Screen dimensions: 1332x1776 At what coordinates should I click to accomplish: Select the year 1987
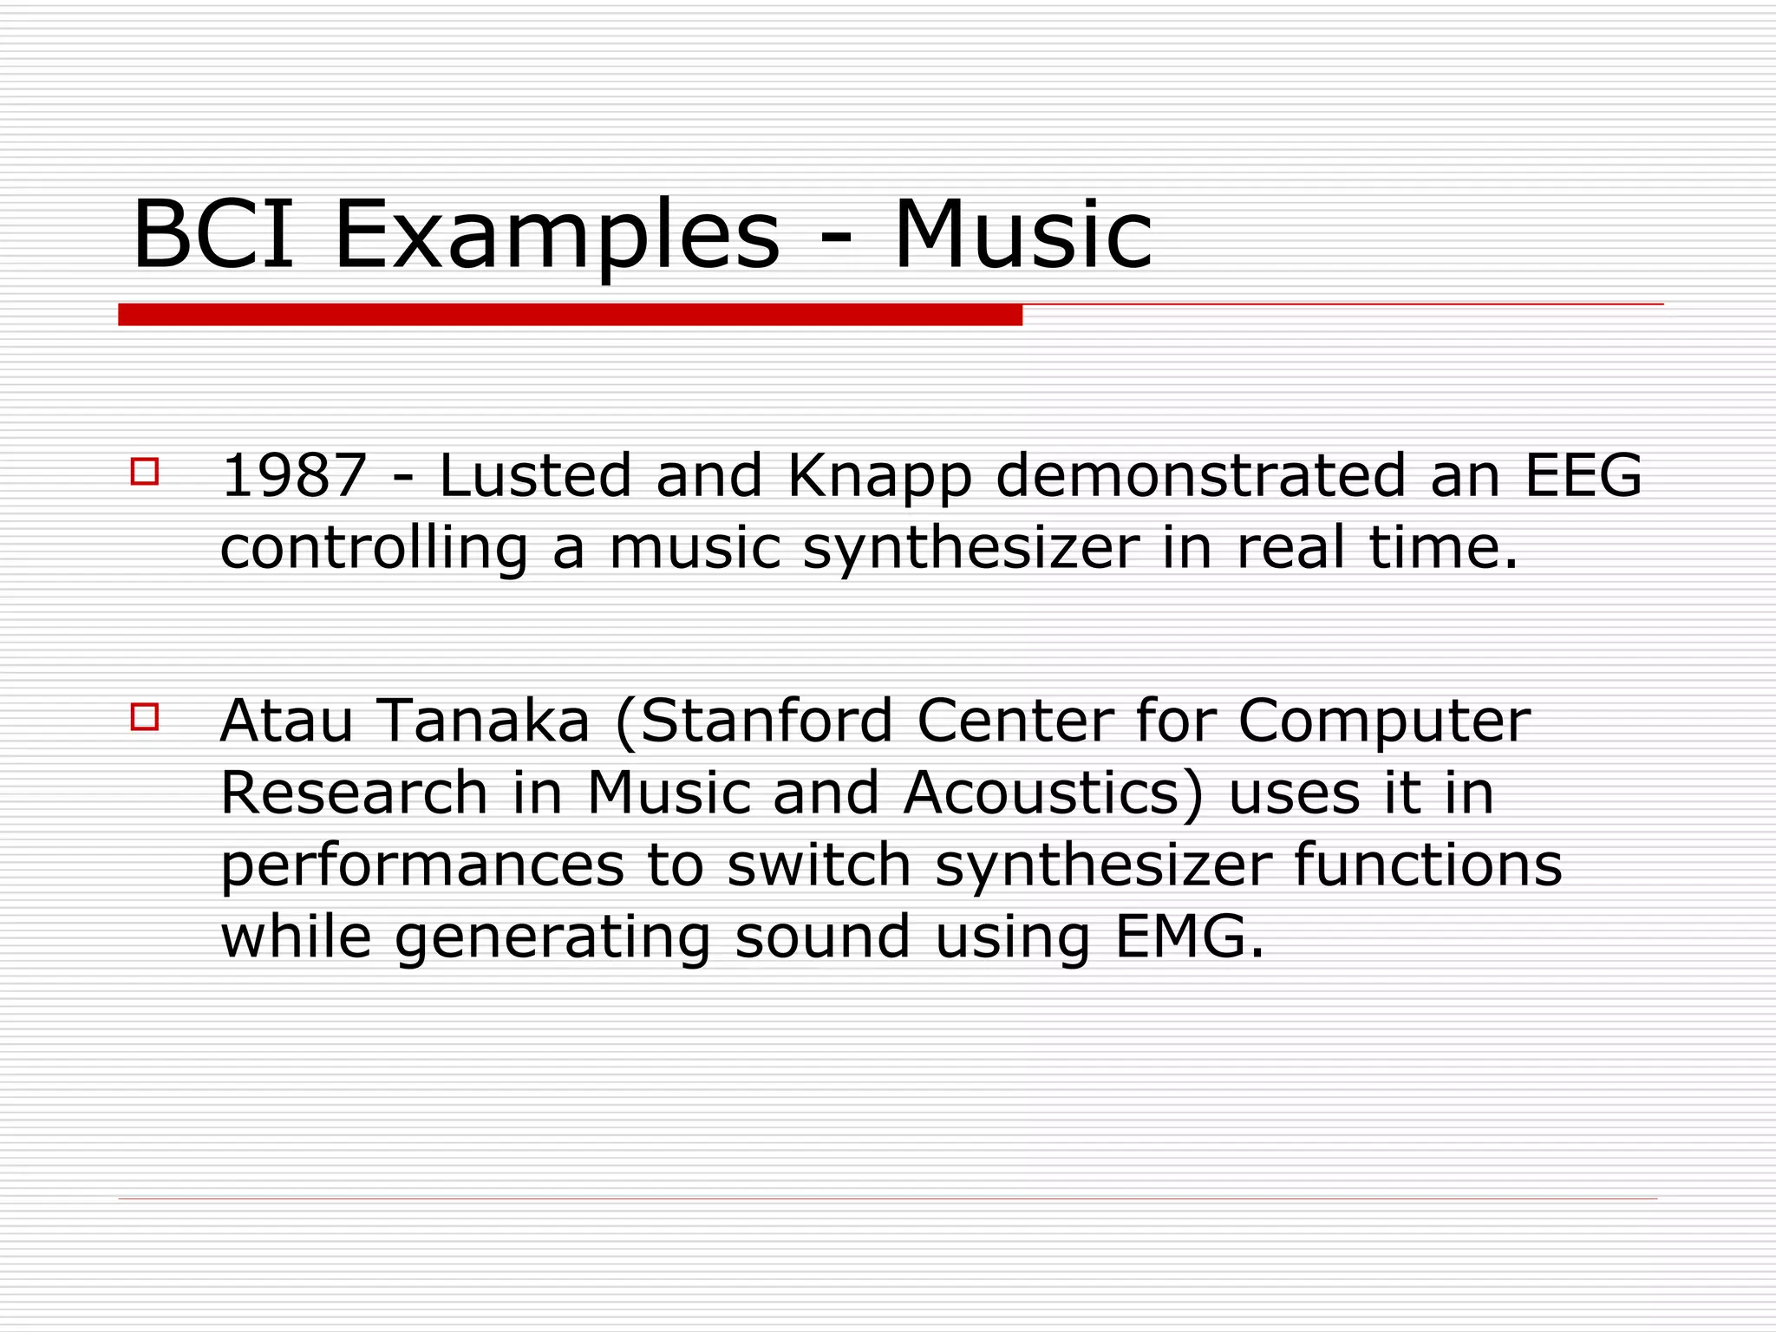[294, 476]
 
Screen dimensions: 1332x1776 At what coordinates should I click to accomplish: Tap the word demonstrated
[1200, 476]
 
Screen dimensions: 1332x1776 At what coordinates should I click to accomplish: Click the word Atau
[287, 721]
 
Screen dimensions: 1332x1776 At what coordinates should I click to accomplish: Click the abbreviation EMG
[1188, 937]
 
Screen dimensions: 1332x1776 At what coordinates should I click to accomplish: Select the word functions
[1427, 865]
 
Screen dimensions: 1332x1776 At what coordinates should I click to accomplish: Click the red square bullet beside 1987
[145, 472]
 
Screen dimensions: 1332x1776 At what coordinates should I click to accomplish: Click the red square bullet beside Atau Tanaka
[145, 717]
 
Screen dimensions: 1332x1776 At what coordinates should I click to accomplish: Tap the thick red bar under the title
[570, 315]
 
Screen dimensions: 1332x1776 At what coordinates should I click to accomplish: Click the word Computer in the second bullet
[1384, 721]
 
